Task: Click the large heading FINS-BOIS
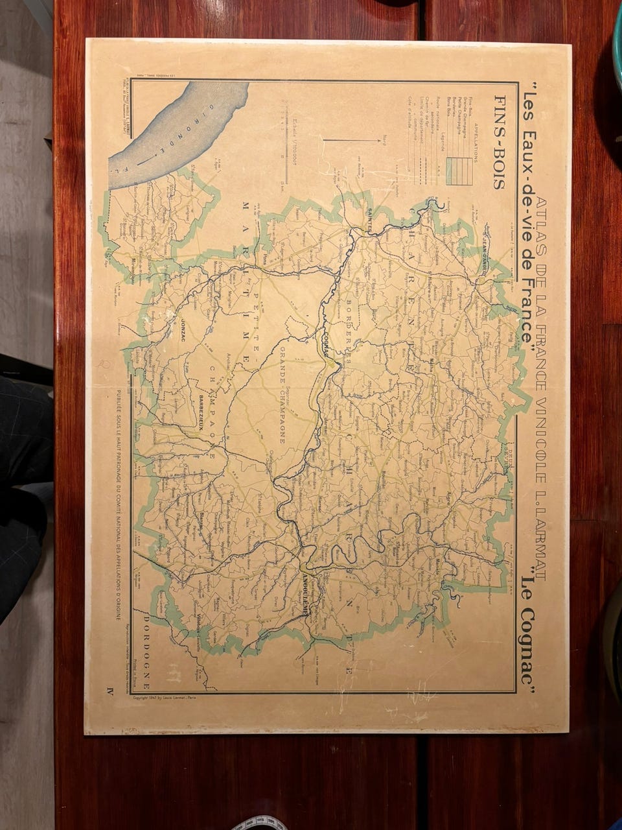coord(500,142)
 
